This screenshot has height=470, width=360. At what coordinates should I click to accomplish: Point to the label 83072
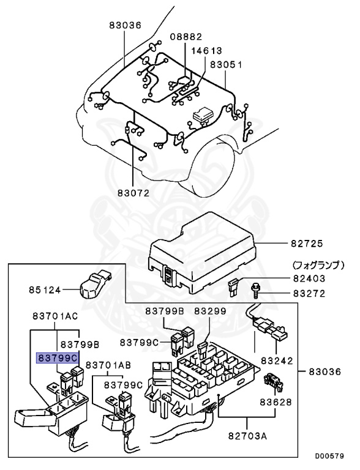click(x=134, y=192)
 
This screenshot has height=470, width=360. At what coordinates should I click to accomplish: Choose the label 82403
click(x=309, y=278)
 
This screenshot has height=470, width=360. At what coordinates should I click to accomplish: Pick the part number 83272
click(x=309, y=294)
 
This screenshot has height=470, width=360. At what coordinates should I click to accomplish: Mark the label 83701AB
click(x=108, y=365)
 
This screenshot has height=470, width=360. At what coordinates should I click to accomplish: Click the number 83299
click(x=210, y=311)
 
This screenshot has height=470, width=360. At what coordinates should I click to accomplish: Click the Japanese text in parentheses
click(x=318, y=266)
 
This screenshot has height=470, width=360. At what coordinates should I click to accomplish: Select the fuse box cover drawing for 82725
click(x=202, y=251)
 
